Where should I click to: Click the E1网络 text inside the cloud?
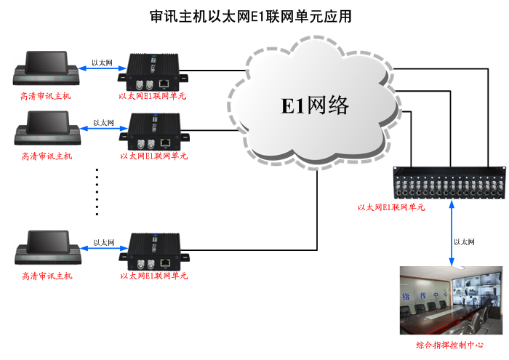pos(315,105)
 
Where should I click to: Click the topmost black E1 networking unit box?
pos(155,71)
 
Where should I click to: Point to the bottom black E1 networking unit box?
pos(155,251)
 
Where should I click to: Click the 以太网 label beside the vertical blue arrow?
pos(464,242)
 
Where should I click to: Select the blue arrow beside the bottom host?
pos(102,250)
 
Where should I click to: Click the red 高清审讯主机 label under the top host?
pos(47,96)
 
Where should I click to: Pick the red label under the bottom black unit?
pos(153,276)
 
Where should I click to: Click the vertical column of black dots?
pos(97,191)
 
